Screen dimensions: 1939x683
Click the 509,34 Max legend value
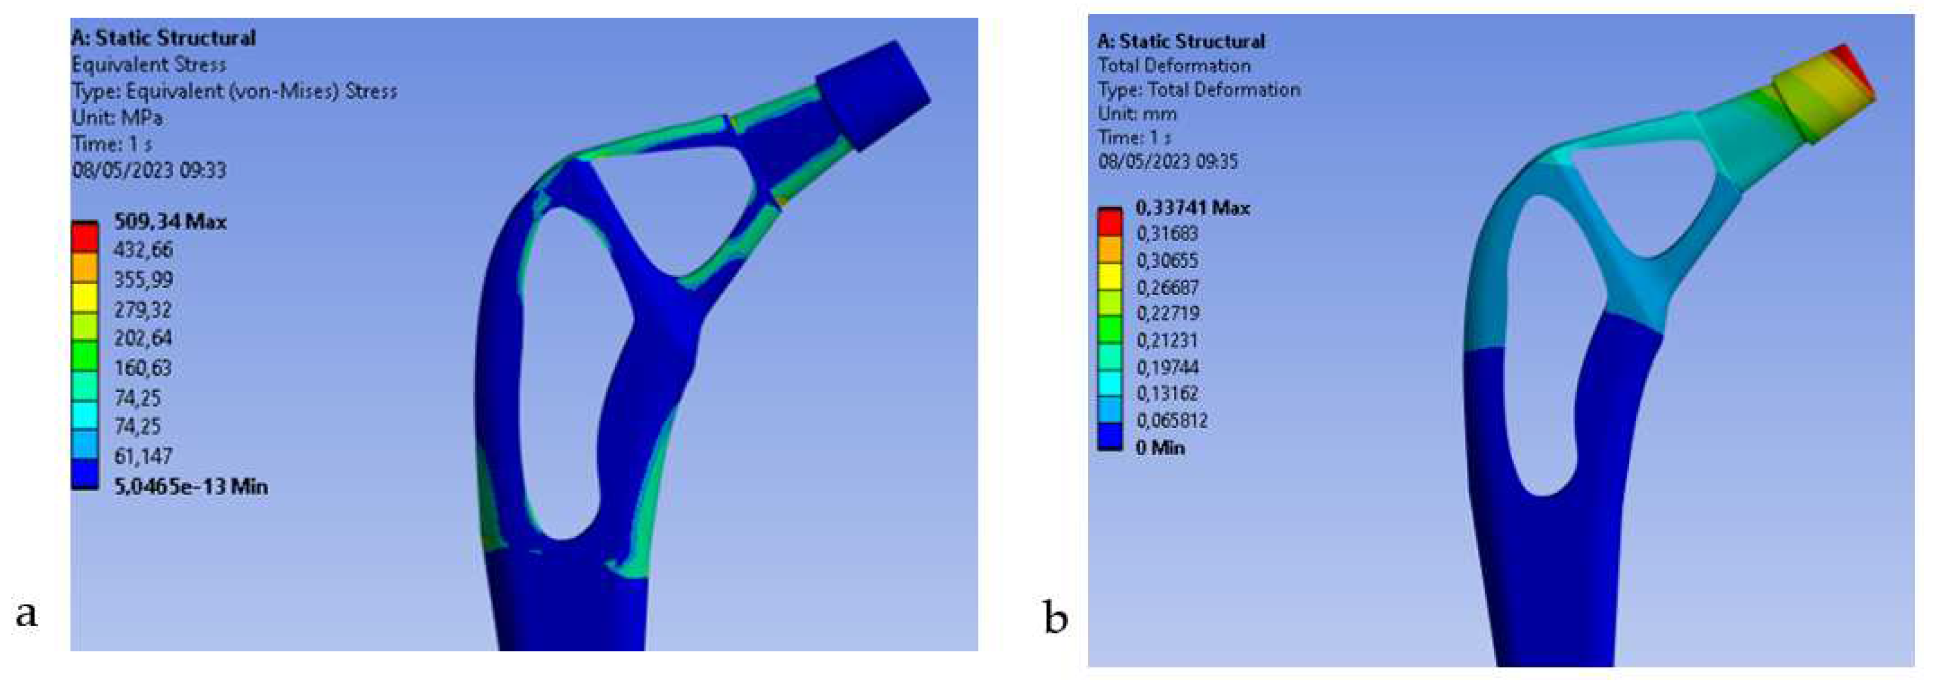click(x=170, y=222)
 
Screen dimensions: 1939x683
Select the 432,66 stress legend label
click(x=143, y=249)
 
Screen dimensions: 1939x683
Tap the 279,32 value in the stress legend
click(x=143, y=309)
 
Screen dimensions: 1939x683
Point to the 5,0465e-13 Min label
click(x=190, y=486)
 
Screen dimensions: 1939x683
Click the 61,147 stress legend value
click(x=143, y=456)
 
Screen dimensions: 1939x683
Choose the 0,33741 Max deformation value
click(x=1192, y=207)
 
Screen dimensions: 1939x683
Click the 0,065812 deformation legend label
click(x=1172, y=420)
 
